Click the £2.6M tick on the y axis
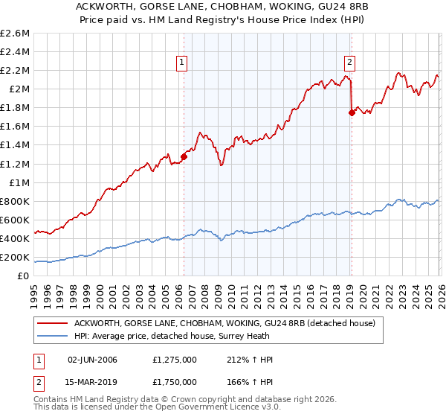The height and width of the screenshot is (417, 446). click(x=15, y=34)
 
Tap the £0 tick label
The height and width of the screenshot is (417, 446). click(x=22, y=276)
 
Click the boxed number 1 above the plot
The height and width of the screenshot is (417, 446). click(x=183, y=63)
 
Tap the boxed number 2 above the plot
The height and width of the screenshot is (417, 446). click(x=349, y=63)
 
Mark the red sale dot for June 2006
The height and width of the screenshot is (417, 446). click(x=184, y=156)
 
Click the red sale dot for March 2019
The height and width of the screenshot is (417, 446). click(x=351, y=112)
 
